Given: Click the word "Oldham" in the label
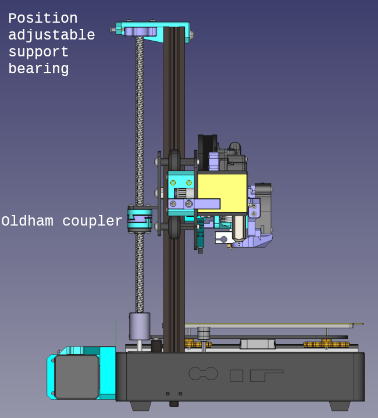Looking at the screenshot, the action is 27,221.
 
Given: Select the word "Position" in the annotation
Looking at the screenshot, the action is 43,19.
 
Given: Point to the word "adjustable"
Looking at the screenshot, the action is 52,35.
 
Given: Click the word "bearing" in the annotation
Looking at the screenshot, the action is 38,69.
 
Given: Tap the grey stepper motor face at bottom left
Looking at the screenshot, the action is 77,376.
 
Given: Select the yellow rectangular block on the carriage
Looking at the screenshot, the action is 222,193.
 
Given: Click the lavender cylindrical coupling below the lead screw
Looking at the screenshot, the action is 140,326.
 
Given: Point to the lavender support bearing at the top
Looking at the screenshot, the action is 141,31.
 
